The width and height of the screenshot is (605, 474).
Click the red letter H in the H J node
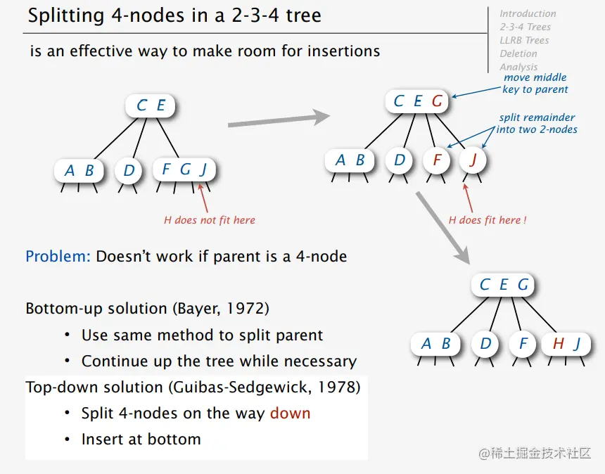point(559,343)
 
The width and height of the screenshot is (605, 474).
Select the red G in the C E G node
point(437,101)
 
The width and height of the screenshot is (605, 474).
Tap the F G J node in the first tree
point(184,169)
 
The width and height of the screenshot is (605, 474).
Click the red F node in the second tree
point(437,160)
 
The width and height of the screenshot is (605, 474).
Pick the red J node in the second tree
point(473,160)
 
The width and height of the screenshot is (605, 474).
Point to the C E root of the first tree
point(150,105)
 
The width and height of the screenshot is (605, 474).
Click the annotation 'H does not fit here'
point(210,220)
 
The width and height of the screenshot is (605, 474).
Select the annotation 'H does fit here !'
point(488,220)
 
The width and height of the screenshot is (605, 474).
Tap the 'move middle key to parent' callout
point(535,83)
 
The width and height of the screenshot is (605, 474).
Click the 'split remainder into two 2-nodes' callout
point(537,123)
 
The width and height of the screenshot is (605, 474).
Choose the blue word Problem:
point(58,257)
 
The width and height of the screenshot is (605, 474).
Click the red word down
point(290,413)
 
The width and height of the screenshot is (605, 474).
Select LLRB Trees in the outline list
point(524,40)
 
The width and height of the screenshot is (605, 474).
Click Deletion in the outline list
point(518,53)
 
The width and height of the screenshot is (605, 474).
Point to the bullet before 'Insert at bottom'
point(67,440)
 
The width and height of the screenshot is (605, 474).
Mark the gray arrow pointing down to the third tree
point(443,228)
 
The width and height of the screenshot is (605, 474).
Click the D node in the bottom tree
point(485,343)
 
